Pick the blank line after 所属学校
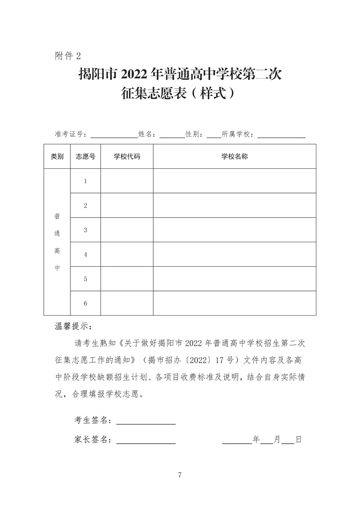281,136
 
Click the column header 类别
57,157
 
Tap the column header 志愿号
85,157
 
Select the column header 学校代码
127,157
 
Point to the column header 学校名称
234,157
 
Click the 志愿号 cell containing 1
85,181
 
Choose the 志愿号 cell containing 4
85,255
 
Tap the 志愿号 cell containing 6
85,303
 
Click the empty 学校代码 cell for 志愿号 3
127,230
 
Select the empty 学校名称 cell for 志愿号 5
234,279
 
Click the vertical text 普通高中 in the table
57,242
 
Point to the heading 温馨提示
73,327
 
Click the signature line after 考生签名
146,422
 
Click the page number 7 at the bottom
180,474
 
